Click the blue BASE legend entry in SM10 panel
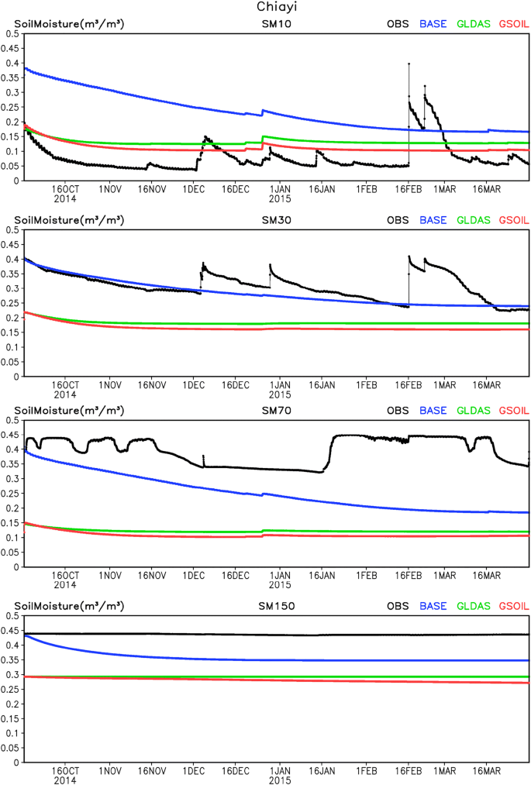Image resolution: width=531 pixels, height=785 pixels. click(x=433, y=24)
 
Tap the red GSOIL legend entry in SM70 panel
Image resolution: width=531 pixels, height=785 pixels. click(x=511, y=410)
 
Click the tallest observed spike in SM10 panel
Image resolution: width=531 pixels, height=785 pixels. click(x=409, y=64)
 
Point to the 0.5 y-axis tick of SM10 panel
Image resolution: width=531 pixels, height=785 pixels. click(x=10, y=34)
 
